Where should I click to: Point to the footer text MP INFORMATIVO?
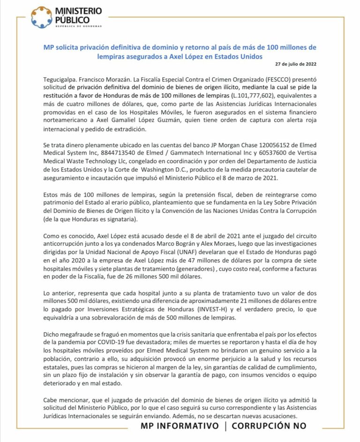click(180, 426)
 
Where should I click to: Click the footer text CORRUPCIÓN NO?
click(269, 426)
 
